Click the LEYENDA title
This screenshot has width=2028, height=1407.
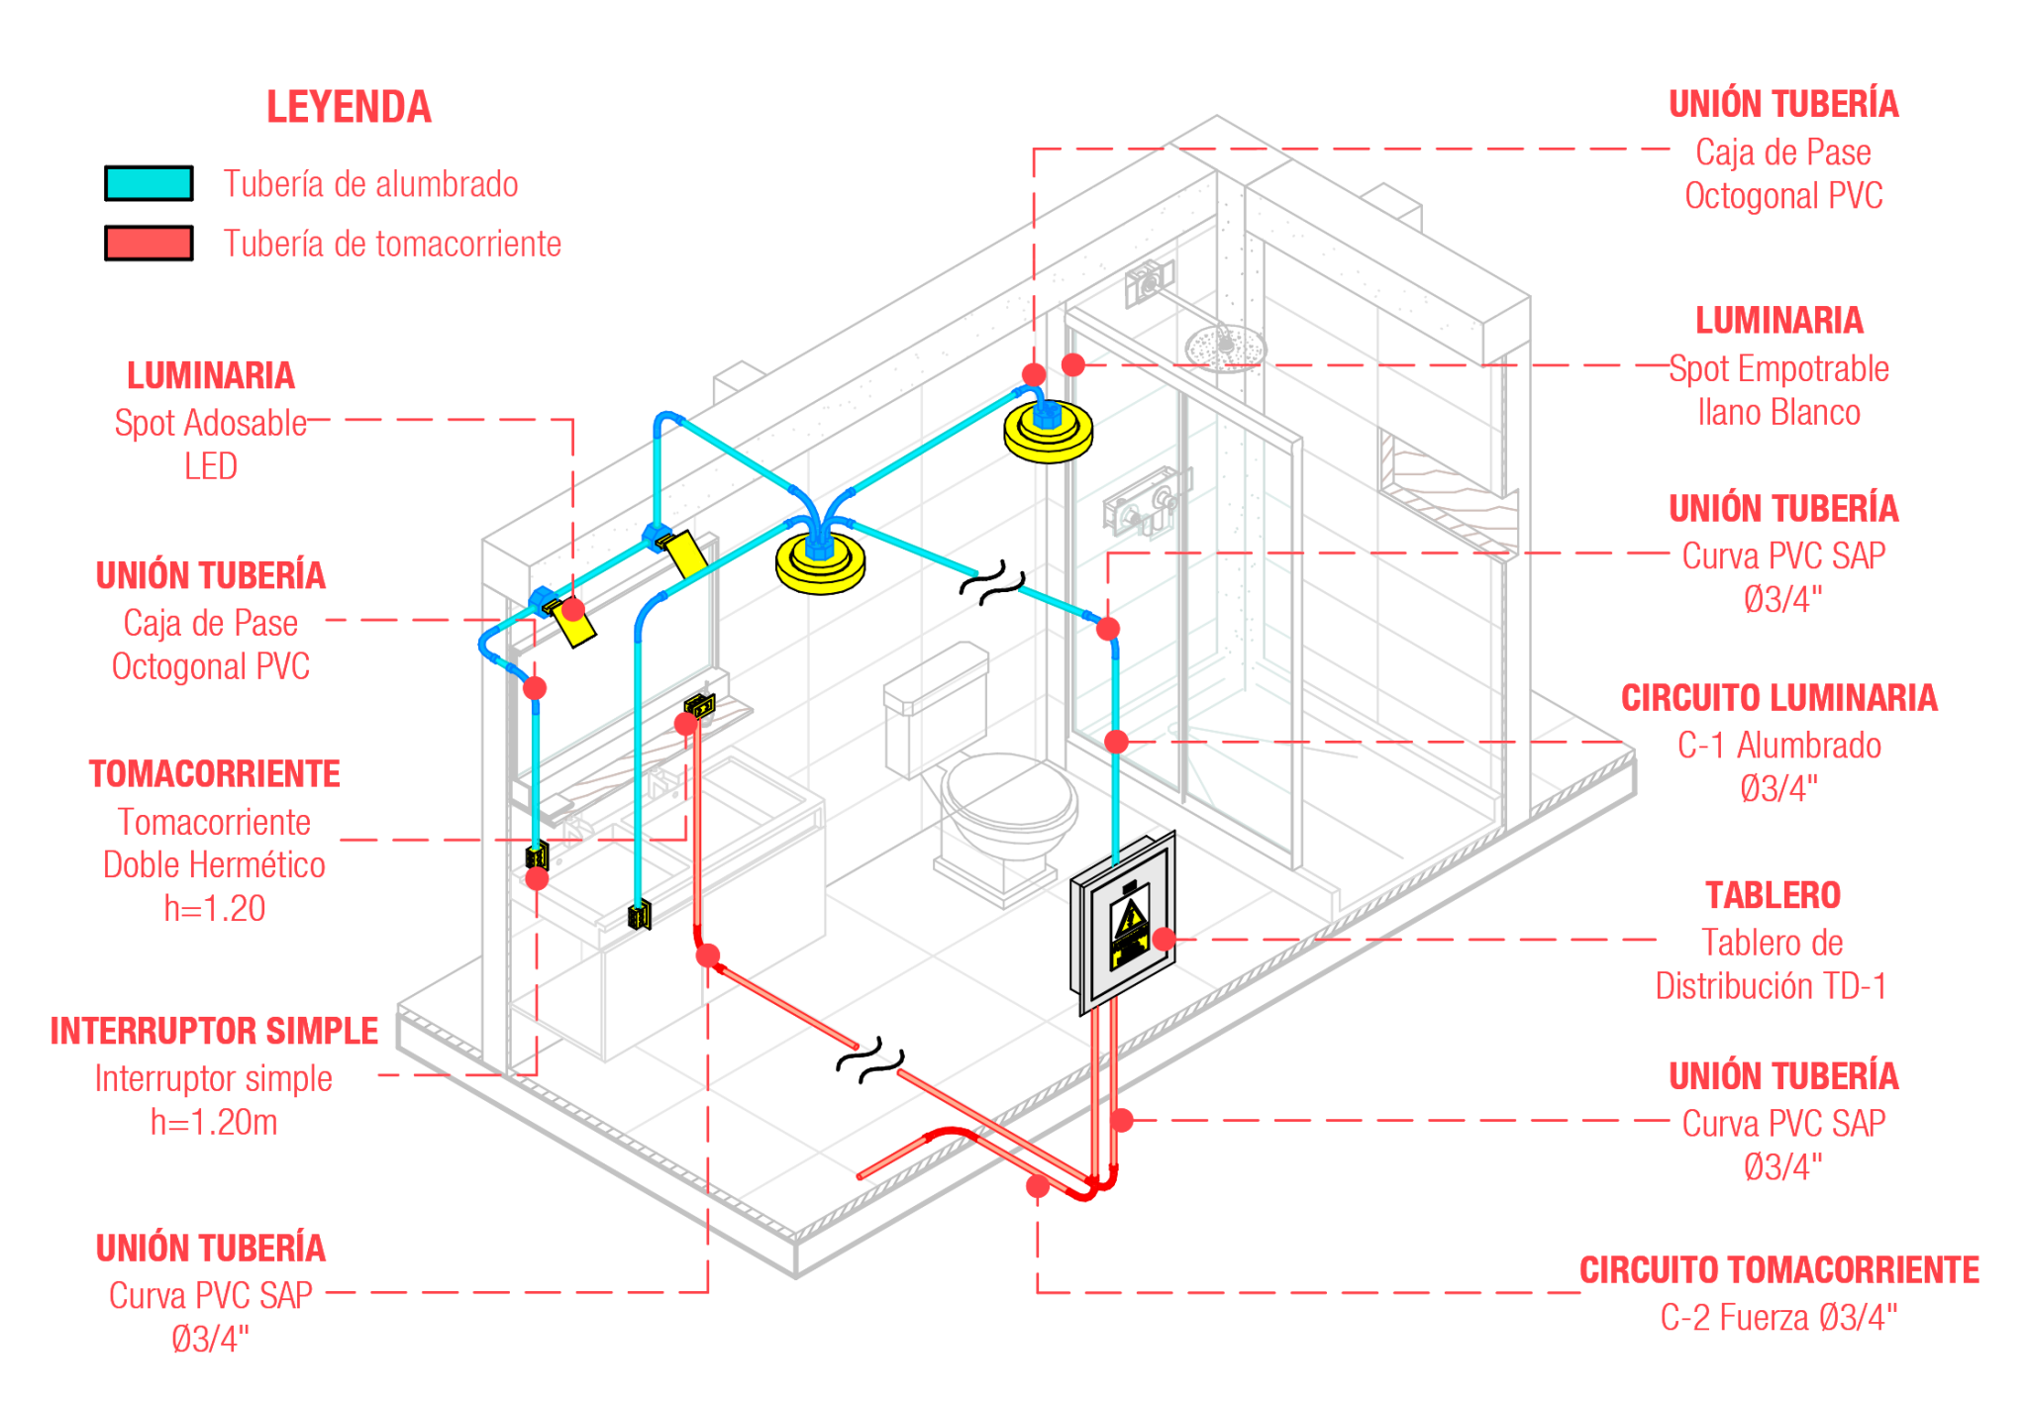coord(349,106)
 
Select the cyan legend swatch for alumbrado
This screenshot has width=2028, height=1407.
coord(149,184)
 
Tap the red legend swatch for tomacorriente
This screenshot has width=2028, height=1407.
coord(149,244)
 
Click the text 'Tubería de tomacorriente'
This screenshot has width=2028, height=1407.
coord(392,244)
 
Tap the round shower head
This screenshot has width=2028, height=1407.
coord(1226,347)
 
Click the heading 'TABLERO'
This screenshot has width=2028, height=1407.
coord(1773,895)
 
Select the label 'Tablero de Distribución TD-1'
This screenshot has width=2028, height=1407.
coord(1771,964)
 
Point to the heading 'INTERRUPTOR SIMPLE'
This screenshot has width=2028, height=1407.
coord(214,1031)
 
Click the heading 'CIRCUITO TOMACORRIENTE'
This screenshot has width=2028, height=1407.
coord(1778,1269)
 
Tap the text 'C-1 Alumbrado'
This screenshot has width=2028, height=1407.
coord(1778,745)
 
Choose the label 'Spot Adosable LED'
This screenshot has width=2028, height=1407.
coord(211,444)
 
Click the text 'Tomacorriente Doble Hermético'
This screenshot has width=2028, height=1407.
coord(215,844)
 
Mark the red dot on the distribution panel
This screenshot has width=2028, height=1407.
coord(1165,939)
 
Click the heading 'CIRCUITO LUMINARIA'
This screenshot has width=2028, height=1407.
coord(1778,697)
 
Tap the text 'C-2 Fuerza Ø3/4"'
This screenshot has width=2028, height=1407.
coord(1778,1318)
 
